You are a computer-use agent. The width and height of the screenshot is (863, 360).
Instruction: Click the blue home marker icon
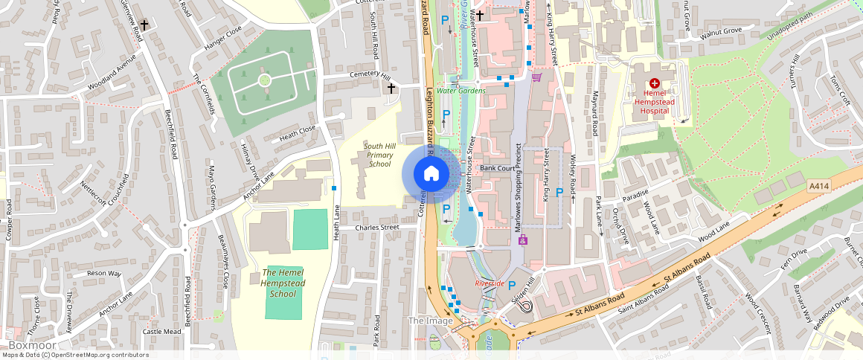431,174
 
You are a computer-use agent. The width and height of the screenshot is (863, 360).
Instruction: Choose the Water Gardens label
461,91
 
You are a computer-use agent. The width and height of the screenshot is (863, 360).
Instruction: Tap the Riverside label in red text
490,283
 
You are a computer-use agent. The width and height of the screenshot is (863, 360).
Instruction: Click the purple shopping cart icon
536,77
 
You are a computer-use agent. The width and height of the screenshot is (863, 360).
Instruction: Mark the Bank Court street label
498,168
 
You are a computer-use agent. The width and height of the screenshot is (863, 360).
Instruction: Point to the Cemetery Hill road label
370,76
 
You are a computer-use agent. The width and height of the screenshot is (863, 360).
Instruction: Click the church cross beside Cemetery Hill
391,89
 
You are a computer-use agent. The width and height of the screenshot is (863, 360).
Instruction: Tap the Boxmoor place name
28,346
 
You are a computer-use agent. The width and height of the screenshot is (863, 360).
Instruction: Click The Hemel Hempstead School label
283,283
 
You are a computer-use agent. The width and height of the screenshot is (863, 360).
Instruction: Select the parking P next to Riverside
512,285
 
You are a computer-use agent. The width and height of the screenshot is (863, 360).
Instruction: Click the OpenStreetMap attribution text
74,355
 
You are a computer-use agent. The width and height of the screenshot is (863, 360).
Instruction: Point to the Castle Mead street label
161,332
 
